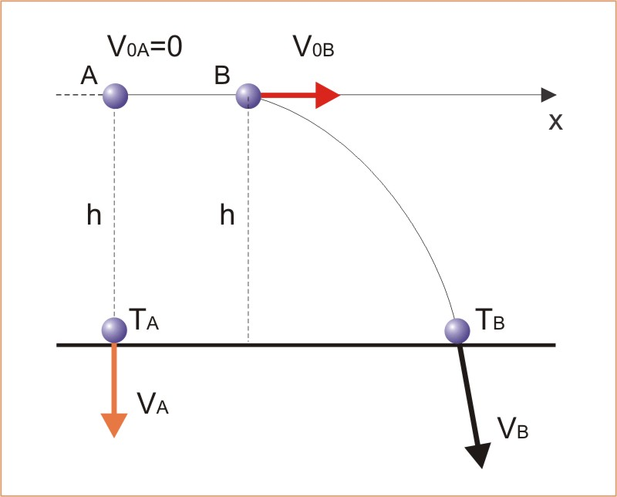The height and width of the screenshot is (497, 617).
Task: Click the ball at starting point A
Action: [115, 97]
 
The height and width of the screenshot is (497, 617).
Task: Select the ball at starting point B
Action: [248, 96]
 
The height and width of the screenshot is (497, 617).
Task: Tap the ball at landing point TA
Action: [114, 329]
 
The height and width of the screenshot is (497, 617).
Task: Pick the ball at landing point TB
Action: [458, 330]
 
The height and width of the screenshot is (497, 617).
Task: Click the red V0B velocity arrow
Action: [301, 96]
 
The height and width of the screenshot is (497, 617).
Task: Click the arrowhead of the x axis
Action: [548, 95]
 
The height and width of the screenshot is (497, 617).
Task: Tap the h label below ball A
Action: [93, 215]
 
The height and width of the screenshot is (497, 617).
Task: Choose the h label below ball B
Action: [227, 215]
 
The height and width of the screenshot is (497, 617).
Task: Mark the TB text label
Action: [488, 320]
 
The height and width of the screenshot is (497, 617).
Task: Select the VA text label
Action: [152, 402]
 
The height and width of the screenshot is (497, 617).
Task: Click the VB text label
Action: [513, 428]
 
